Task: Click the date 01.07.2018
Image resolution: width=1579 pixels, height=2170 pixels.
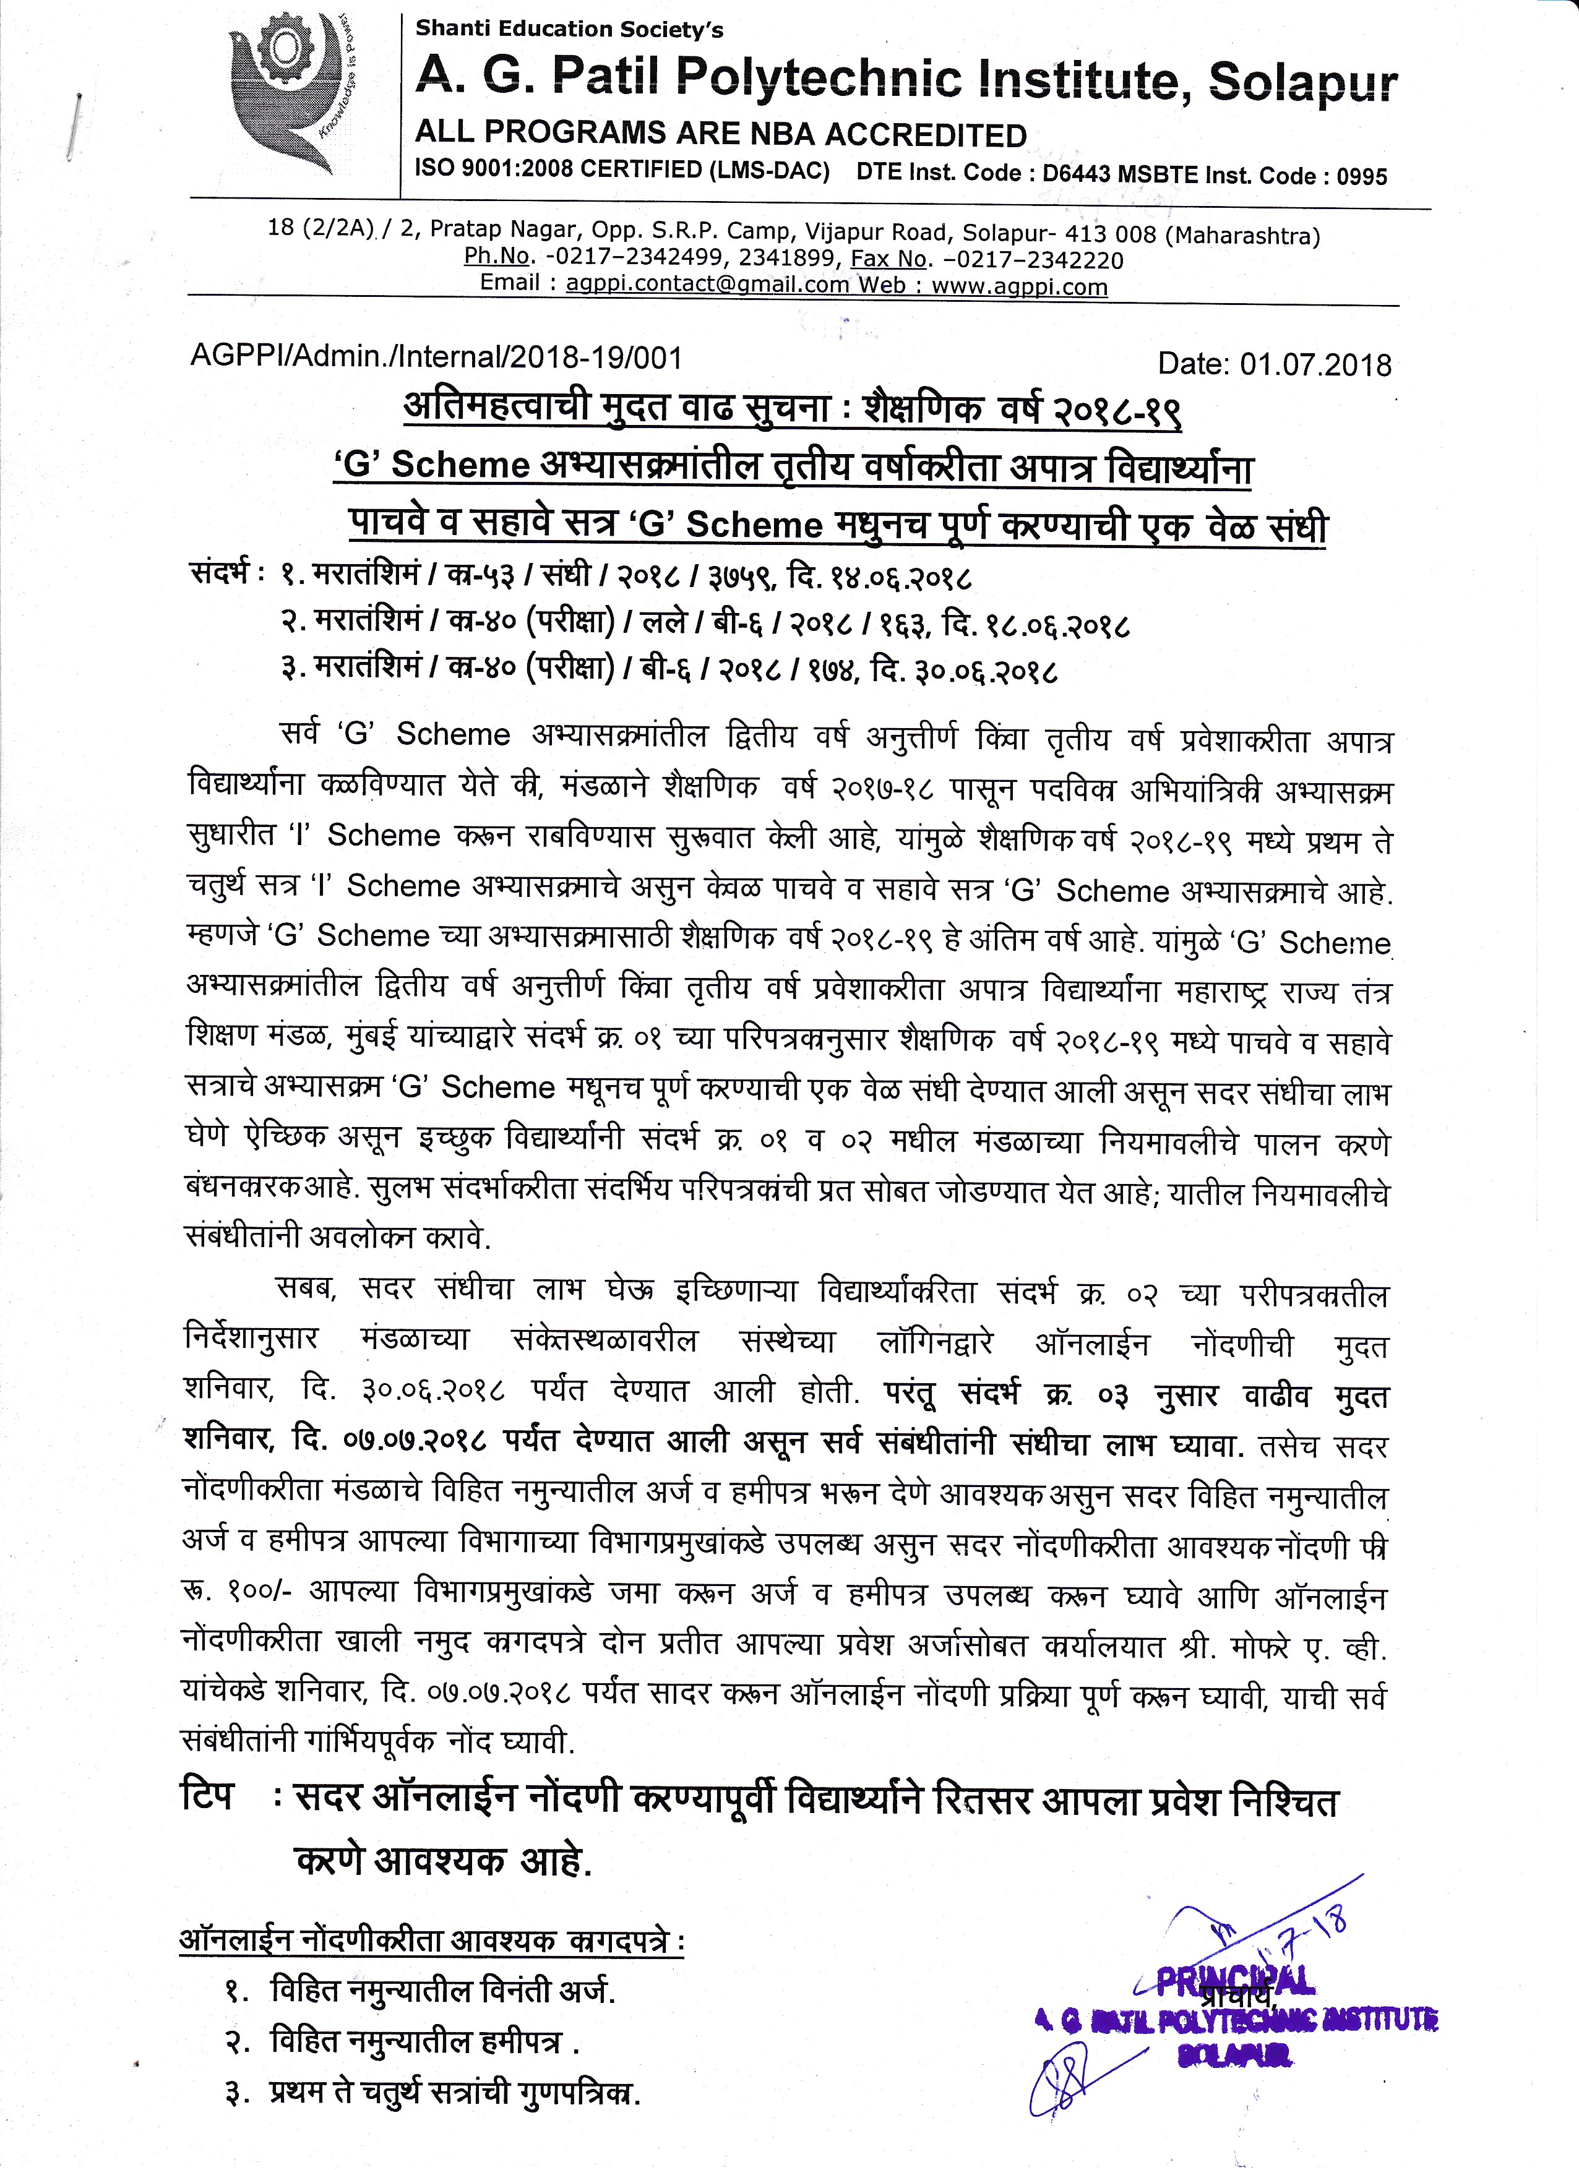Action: [1316, 364]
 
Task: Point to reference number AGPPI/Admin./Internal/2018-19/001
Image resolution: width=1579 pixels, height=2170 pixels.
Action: [436, 358]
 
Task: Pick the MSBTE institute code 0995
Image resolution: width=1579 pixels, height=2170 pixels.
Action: [1362, 176]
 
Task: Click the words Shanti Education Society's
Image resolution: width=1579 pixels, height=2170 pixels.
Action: [569, 30]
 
